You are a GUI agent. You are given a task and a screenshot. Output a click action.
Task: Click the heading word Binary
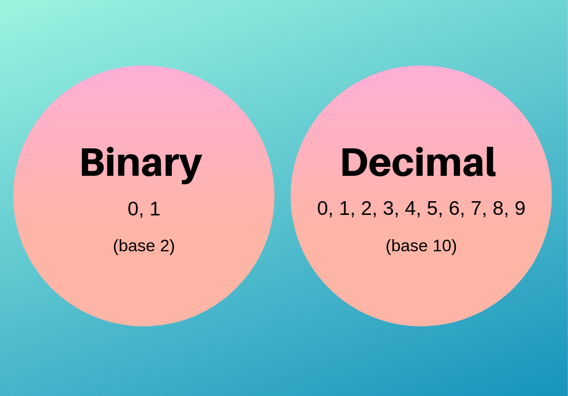click(x=141, y=163)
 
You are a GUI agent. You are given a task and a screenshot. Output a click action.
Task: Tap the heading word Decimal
click(x=418, y=163)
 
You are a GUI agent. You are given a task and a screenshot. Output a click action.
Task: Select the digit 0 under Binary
click(x=133, y=209)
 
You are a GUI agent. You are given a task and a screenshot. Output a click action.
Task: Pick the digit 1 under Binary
click(x=154, y=209)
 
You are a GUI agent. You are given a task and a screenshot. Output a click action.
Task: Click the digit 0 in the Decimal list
click(x=323, y=209)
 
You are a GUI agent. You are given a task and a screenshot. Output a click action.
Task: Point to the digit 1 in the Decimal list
click(x=344, y=209)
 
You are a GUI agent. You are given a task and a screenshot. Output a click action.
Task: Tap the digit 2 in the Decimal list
click(x=367, y=209)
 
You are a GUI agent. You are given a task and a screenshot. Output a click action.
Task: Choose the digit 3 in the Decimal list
click(x=388, y=209)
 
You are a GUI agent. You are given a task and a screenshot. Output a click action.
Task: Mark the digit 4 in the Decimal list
click(x=410, y=209)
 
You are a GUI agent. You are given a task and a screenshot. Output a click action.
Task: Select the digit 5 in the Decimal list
click(x=432, y=209)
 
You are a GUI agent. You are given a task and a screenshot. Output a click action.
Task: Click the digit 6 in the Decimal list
click(x=454, y=209)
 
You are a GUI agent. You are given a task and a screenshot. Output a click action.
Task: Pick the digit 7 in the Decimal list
click(x=476, y=209)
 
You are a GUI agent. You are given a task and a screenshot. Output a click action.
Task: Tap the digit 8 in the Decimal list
click(x=498, y=209)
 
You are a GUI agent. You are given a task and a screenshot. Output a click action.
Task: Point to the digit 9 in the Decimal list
click(x=519, y=209)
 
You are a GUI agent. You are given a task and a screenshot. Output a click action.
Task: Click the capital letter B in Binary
click(x=91, y=163)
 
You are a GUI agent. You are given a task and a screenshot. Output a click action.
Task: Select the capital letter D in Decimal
click(x=353, y=163)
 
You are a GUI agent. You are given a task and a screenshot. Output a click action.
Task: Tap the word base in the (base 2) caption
click(x=136, y=246)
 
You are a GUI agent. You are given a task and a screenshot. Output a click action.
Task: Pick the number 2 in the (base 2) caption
click(x=165, y=246)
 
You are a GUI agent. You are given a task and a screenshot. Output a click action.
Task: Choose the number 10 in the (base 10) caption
click(x=443, y=246)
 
